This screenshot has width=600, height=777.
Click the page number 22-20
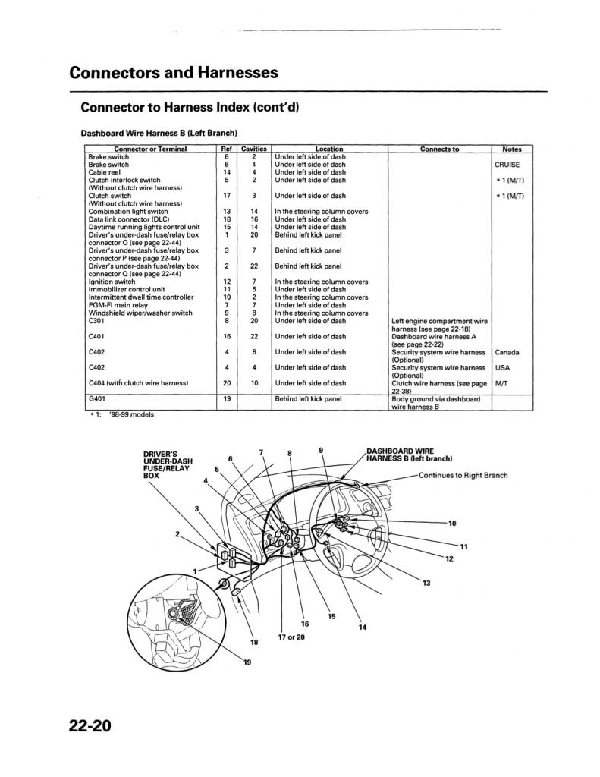tap(90, 725)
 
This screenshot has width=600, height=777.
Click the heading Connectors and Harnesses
tap(174, 73)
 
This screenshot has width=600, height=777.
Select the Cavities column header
tap(253, 149)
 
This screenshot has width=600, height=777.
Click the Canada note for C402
tap(507, 352)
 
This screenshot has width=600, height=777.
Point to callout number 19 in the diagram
tap(247, 662)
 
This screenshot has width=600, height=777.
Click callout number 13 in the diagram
tap(426, 583)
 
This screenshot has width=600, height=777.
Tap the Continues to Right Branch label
tap(463, 476)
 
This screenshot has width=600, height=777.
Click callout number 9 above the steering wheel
tap(321, 451)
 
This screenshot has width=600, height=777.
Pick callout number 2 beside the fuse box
tap(177, 534)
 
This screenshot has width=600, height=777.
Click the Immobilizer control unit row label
tap(127, 289)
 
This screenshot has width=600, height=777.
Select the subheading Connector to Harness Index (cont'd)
tap(190, 107)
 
